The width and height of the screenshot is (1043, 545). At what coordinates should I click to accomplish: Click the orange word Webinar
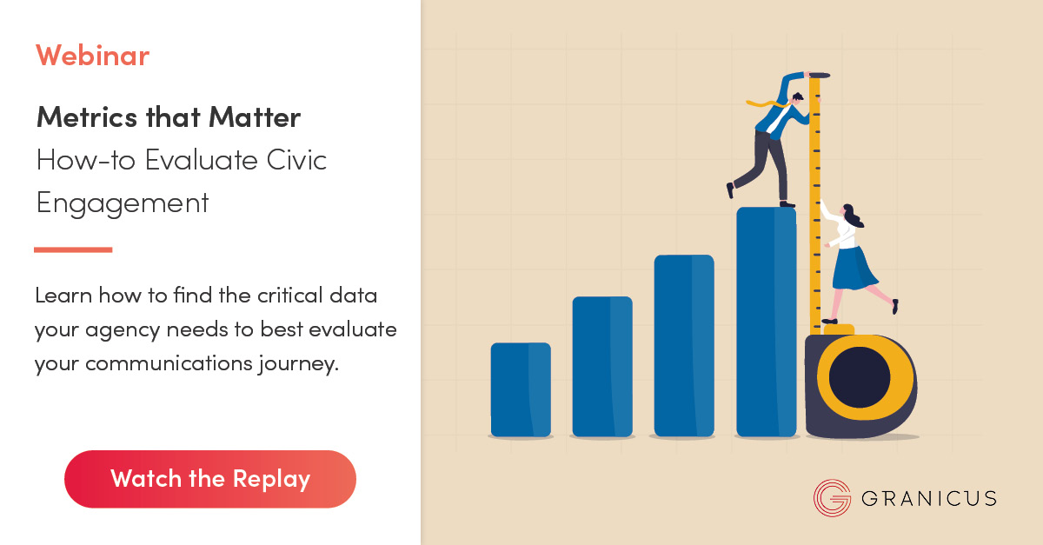[x=92, y=56]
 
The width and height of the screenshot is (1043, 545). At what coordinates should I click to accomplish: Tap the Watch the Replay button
[x=210, y=479]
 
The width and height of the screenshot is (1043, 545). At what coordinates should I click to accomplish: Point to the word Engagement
[x=122, y=203]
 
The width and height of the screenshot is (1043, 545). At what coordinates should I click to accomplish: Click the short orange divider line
[x=73, y=249]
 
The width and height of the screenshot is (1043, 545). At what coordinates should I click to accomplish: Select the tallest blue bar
[x=766, y=322]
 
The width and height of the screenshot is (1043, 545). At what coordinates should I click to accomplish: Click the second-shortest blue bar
[x=601, y=366]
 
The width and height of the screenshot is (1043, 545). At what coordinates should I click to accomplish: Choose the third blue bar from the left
[x=683, y=345]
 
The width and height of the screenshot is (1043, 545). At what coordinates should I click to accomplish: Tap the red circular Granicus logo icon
[x=832, y=498]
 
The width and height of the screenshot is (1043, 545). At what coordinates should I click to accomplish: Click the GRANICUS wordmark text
[x=928, y=499]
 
